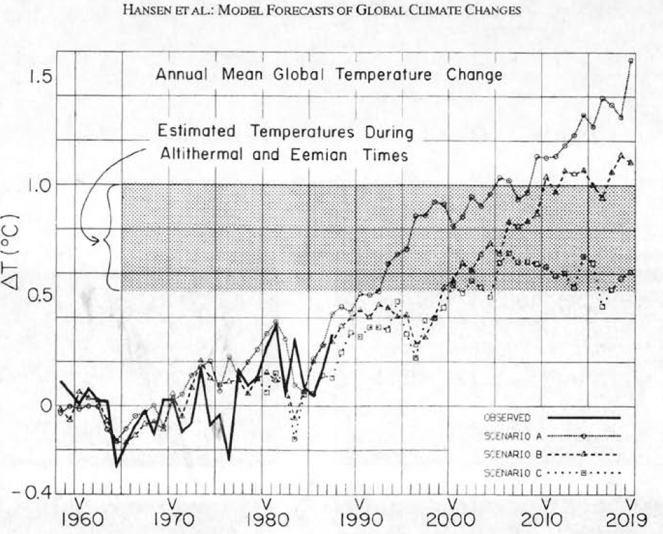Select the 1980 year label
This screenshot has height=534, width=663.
coord(264,519)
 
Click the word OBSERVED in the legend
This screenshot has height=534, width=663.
coord(507,417)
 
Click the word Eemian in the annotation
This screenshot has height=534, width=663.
coord(321,155)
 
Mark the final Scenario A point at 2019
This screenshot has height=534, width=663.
coord(630,60)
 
